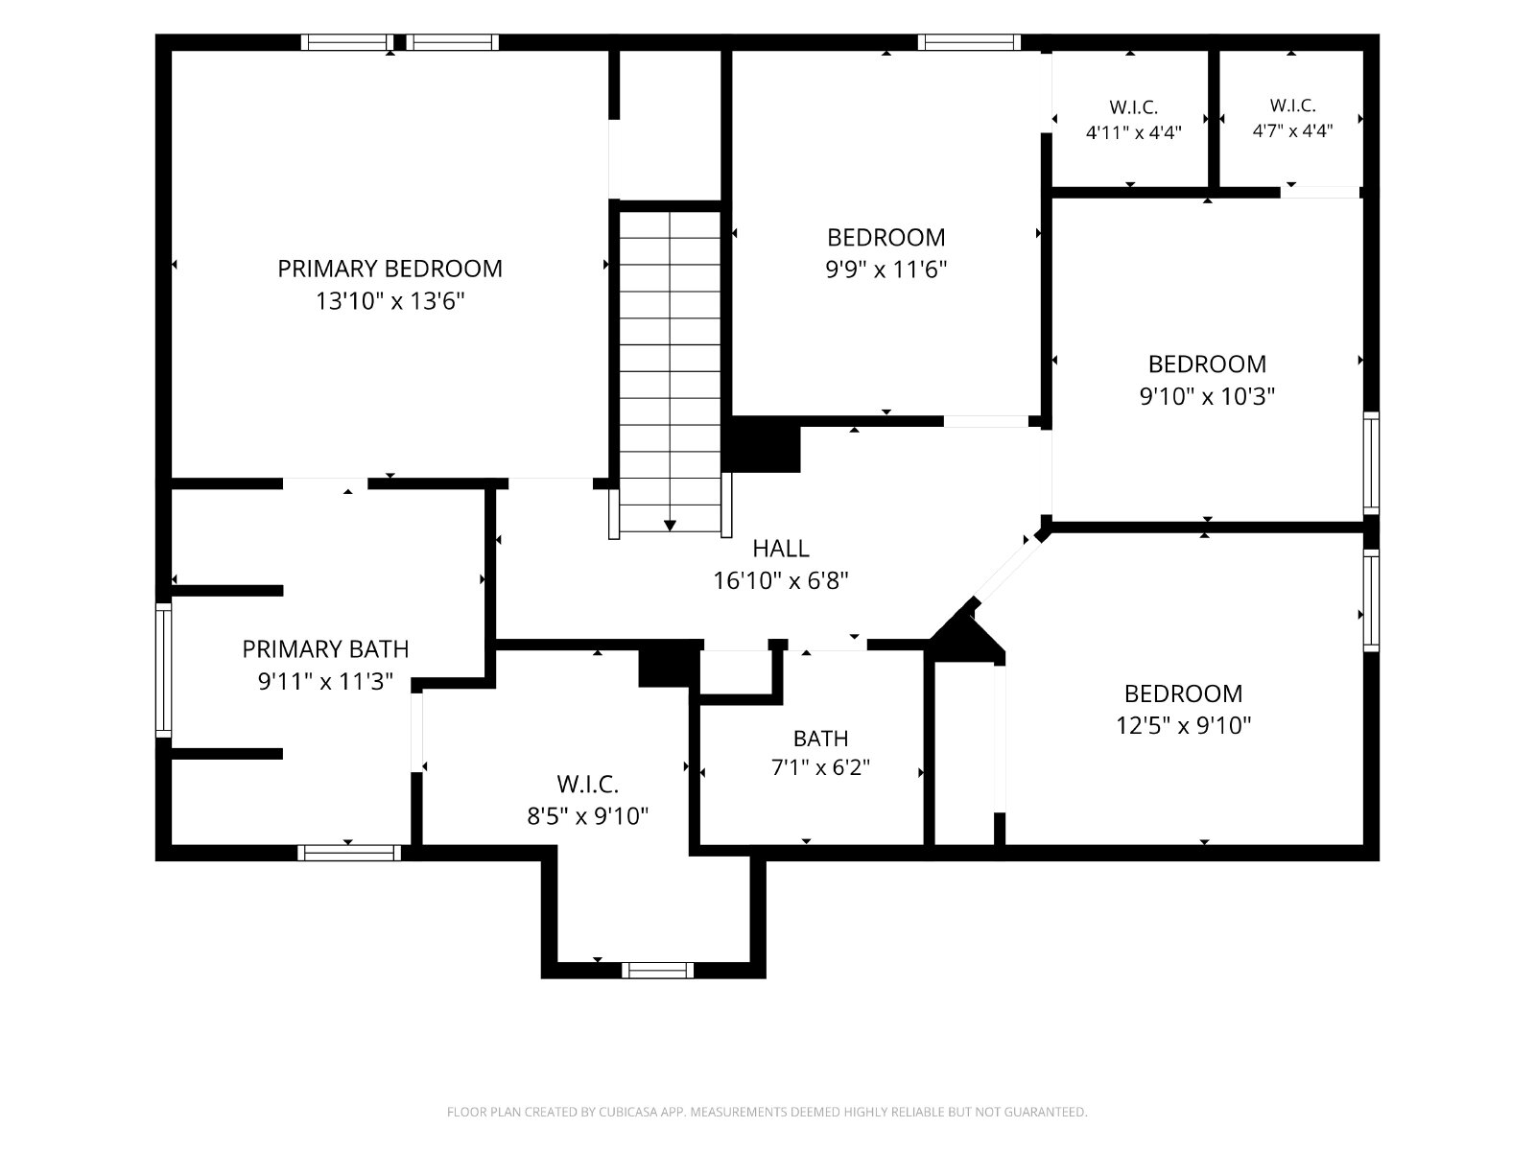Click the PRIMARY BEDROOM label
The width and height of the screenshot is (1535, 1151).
[x=390, y=270]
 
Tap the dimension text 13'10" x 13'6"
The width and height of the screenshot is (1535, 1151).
[x=390, y=301]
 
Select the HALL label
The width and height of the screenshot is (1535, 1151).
[x=780, y=549]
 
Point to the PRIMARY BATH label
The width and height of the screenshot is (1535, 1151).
[x=325, y=649]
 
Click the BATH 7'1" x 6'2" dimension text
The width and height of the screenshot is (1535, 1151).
[x=820, y=767]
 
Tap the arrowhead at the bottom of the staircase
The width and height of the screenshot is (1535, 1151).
[x=670, y=526]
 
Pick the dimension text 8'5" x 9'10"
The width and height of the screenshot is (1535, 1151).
[x=587, y=815]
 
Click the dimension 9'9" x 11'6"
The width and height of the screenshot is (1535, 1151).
[x=886, y=270]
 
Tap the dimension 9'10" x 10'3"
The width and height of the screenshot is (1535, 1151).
[x=1207, y=396]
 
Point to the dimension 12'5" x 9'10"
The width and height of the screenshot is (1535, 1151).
[x=1183, y=725]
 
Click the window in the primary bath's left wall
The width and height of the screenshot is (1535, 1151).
[x=163, y=670]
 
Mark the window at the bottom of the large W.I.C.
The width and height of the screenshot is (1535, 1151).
[x=657, y=970]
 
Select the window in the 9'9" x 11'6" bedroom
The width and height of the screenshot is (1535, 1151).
[x=969, y=42]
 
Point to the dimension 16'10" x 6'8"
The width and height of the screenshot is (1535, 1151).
[x=780, y=580]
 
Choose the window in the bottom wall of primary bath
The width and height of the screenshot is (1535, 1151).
[x=349, y=853]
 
